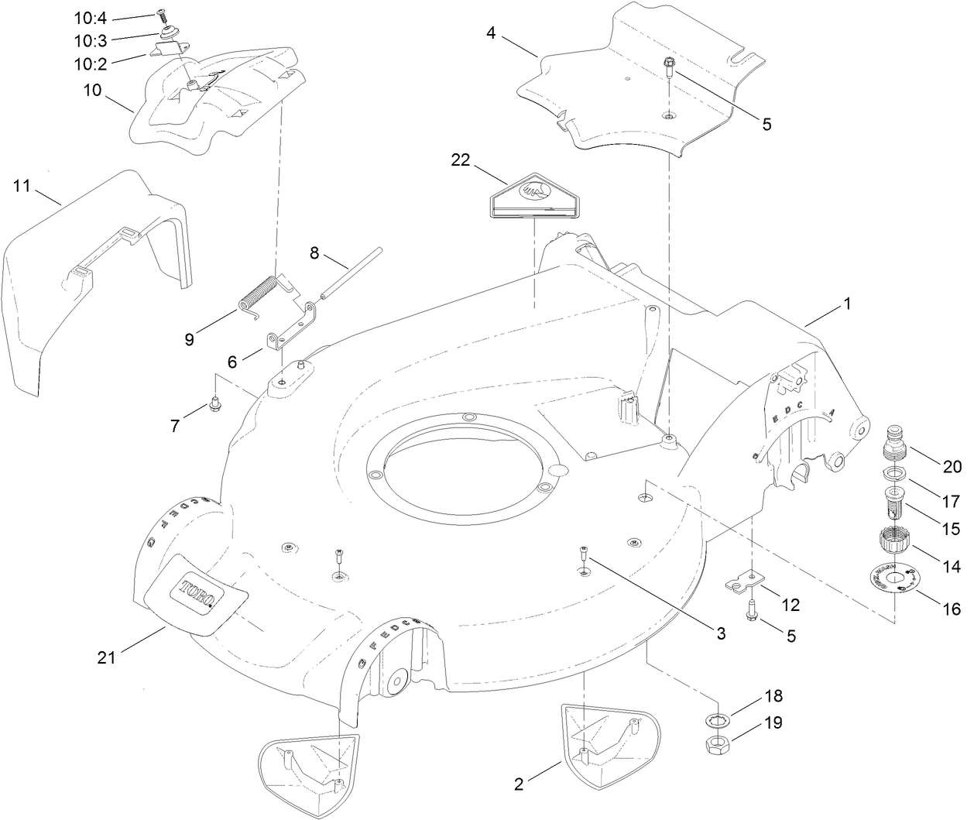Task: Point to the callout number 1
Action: tap(846, 304)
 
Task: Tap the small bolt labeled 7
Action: tap(214, 404)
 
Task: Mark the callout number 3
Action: tap(720, 633)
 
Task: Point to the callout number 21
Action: tap(106, 657)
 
